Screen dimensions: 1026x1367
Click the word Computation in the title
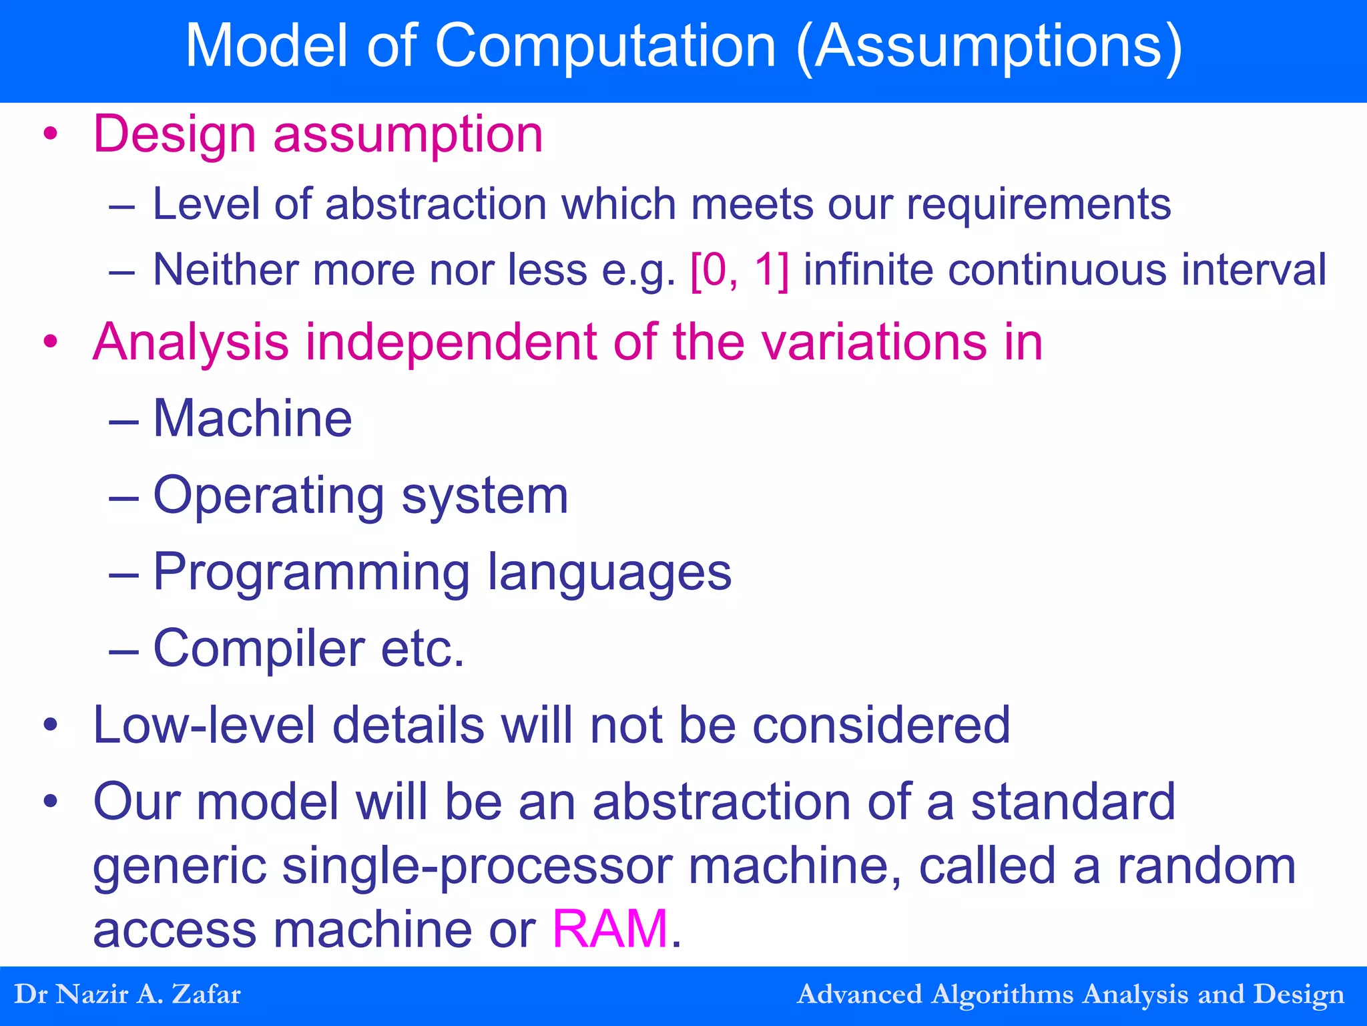tap(605, 47)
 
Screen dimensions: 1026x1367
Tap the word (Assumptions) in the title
tap(989, 47)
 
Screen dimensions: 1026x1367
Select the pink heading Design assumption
tap(318, 135)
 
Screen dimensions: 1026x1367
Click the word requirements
tap(1038, 204)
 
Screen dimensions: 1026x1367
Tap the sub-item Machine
tap(252, 419)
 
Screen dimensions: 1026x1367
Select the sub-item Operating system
tap(360, 496)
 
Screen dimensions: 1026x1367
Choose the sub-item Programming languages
tap(442, 572)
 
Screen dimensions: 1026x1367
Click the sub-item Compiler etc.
tap(308, 649)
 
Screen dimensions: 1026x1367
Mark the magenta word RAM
tap(610, 929)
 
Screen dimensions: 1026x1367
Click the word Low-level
tap(204, 725)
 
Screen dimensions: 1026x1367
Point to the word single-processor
tap(478, 866)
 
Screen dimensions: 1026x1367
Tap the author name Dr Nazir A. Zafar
tap(127, 995)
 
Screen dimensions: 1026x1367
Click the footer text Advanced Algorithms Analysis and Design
tap(1070, 995)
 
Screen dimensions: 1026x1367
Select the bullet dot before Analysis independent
tap(51, 343)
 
